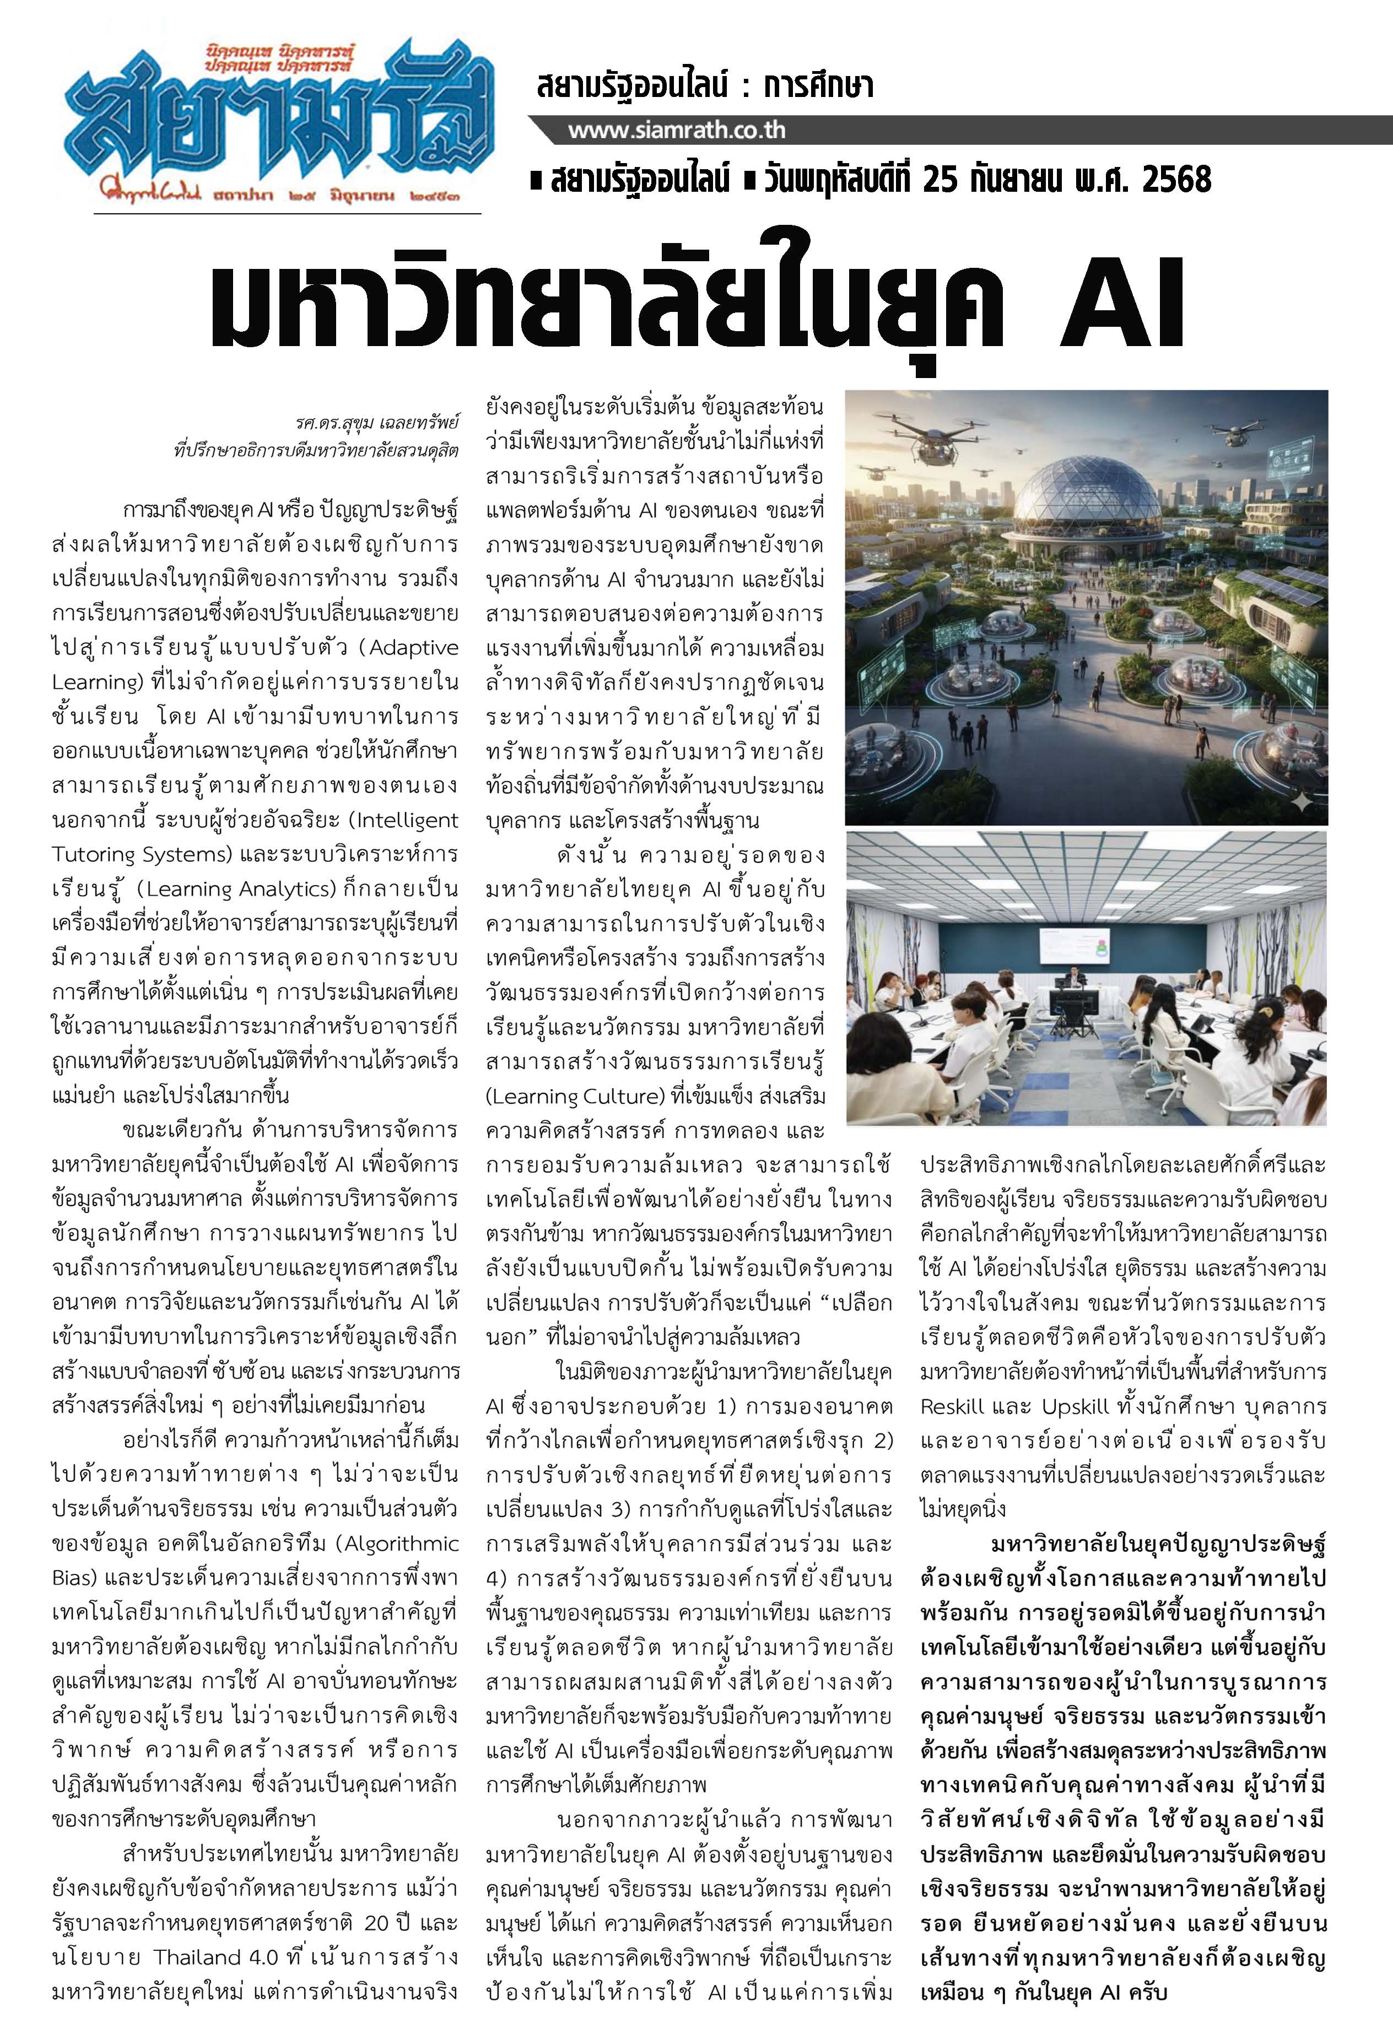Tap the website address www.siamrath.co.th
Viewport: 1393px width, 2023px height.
coord(677,131)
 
